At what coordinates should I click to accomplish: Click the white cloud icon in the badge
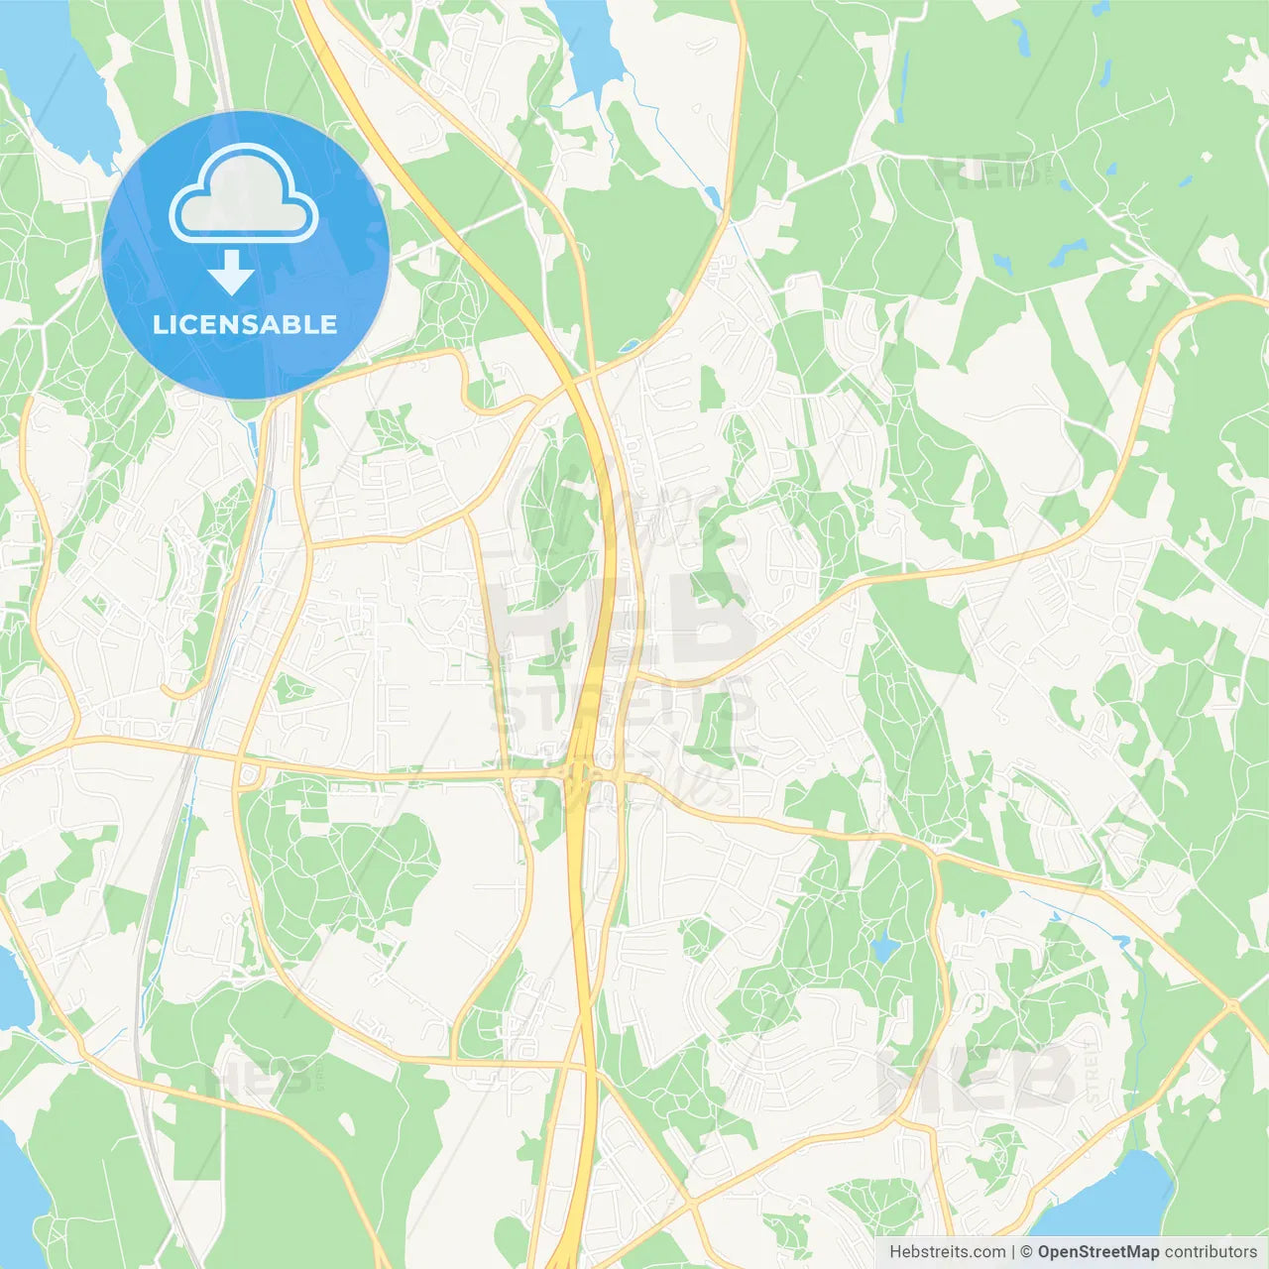244,193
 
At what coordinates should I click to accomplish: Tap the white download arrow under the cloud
232,273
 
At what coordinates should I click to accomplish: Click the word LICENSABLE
245,324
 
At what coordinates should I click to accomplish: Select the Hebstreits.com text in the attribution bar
947,1252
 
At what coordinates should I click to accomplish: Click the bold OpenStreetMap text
1097,1252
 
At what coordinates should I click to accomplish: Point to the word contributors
1211,1252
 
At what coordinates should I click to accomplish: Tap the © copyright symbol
1027,1252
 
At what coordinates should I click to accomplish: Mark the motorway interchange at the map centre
579,773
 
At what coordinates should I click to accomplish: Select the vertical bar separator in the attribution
1014,1252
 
